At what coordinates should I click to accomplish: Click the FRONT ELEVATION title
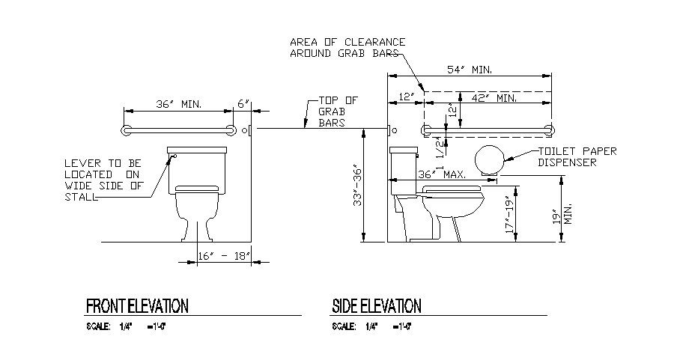pos(137,306)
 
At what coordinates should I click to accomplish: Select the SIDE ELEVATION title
pos(376,306)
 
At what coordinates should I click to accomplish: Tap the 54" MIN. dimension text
pos(470,69)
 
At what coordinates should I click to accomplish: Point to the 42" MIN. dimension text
pos(495,97)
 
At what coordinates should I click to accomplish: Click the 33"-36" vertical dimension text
pos(359,186)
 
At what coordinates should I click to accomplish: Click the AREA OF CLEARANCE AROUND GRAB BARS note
pos(347,47)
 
